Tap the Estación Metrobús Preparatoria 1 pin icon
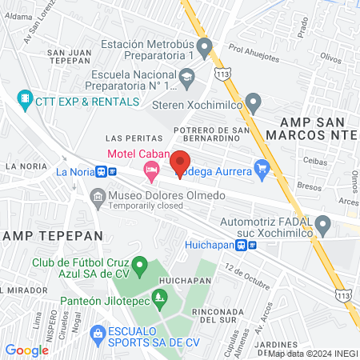205,50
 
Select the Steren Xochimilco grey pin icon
254,102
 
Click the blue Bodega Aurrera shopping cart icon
261,168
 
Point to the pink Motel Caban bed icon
150,169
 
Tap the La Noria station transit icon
101,171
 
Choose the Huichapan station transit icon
252,246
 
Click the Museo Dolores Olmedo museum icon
97,196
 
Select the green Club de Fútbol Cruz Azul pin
140,264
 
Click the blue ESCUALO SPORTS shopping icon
98,331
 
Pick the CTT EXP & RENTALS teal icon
25,101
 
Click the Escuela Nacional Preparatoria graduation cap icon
187,77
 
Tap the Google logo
26,350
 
